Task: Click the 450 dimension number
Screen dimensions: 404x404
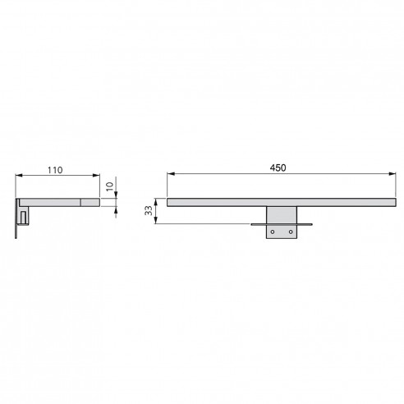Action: pos(278,168)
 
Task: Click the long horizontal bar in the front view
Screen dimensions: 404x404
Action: pos(278,200)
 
